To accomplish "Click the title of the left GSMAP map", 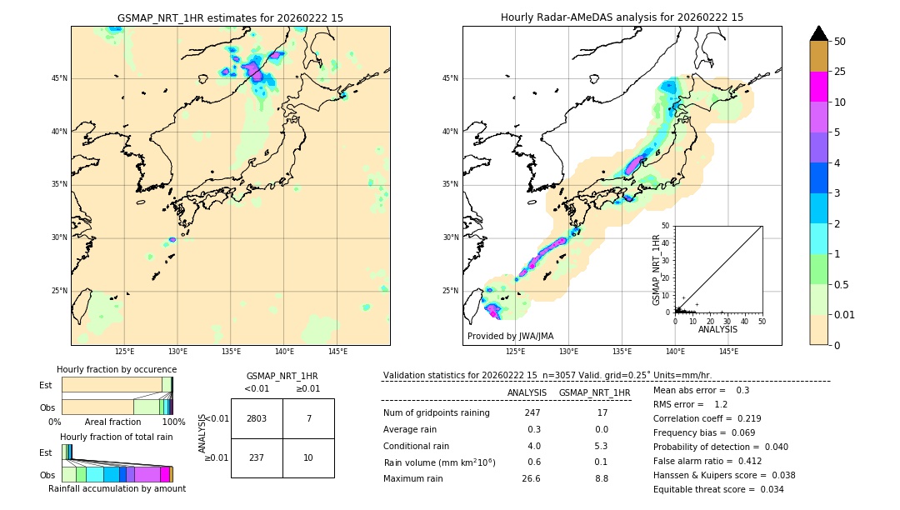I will pyautogui.click(x=230, y=17).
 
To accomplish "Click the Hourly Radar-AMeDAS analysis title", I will pyautogui.click(x=622, y=17).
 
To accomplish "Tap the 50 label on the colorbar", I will pyautogui.click(x=840, y=42).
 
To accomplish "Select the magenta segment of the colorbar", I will pyautogui.click(x=819, y=87).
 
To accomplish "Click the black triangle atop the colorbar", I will pyautogui.click(x=819, y=33).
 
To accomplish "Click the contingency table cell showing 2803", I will pyautogui.click(x=257, y=418).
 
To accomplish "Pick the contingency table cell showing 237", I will pyautogui.click(x=257, y=457).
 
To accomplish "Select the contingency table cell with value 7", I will pyautogui.click(x=308, y=418).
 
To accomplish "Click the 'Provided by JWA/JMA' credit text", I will pyautogui.click(x=510, y=336).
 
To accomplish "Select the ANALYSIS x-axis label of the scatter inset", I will pyautogui.click(x=717, y=329).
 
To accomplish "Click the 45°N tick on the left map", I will pyautogui.click(x=59, y=78).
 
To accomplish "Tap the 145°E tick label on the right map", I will pyautogui.click(x=728, y=352).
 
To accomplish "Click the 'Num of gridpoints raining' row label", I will pyautogui.click(x=436, y=413).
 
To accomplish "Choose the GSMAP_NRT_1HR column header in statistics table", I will pyautogui.click(x=594, y=392).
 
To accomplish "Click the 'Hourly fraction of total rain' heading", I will pyautogui.click(x=116, y=437).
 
